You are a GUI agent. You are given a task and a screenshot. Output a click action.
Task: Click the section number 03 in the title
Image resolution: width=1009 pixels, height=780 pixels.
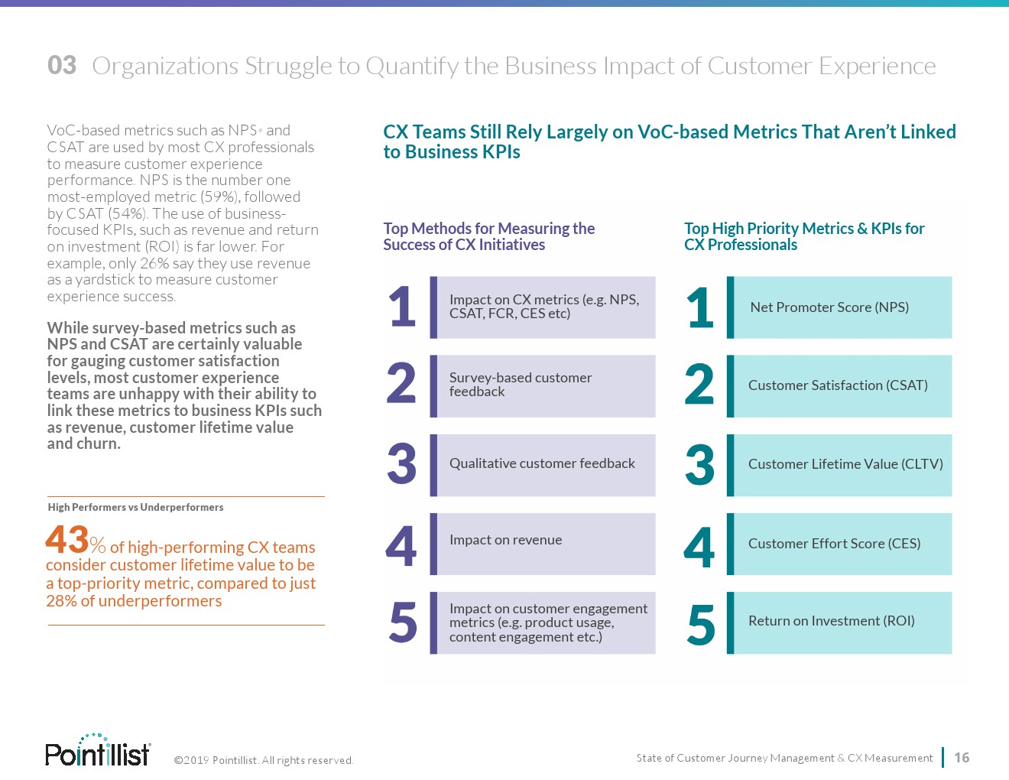coord(62,66)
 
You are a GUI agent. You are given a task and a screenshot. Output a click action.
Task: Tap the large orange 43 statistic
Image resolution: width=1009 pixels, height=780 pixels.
coord(67,540)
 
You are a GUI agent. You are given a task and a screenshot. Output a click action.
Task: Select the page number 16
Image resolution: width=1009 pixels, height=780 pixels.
coord(962,758)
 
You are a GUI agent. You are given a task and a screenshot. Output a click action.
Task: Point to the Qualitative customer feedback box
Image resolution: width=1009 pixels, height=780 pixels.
coord(543,464)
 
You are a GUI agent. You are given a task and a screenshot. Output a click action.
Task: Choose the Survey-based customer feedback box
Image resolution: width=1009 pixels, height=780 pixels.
coord(543,385)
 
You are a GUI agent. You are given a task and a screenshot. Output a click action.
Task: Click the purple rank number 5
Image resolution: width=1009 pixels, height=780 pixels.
coord(403,622)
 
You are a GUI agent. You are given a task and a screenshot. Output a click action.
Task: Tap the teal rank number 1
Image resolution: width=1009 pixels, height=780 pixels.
coord(700,308)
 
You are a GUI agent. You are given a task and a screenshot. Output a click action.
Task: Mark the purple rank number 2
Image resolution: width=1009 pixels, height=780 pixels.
coord(401,384)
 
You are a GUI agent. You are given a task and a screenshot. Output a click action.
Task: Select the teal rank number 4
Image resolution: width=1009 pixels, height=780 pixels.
coord(699,546)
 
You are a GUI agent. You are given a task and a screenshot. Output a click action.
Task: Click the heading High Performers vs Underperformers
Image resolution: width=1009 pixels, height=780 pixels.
coord(135,507)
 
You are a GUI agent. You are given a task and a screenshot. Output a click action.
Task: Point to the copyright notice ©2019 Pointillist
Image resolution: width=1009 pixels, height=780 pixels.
coord(264,760)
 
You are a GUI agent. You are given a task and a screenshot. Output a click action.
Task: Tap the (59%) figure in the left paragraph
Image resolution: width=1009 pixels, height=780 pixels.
coord(218,197)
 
